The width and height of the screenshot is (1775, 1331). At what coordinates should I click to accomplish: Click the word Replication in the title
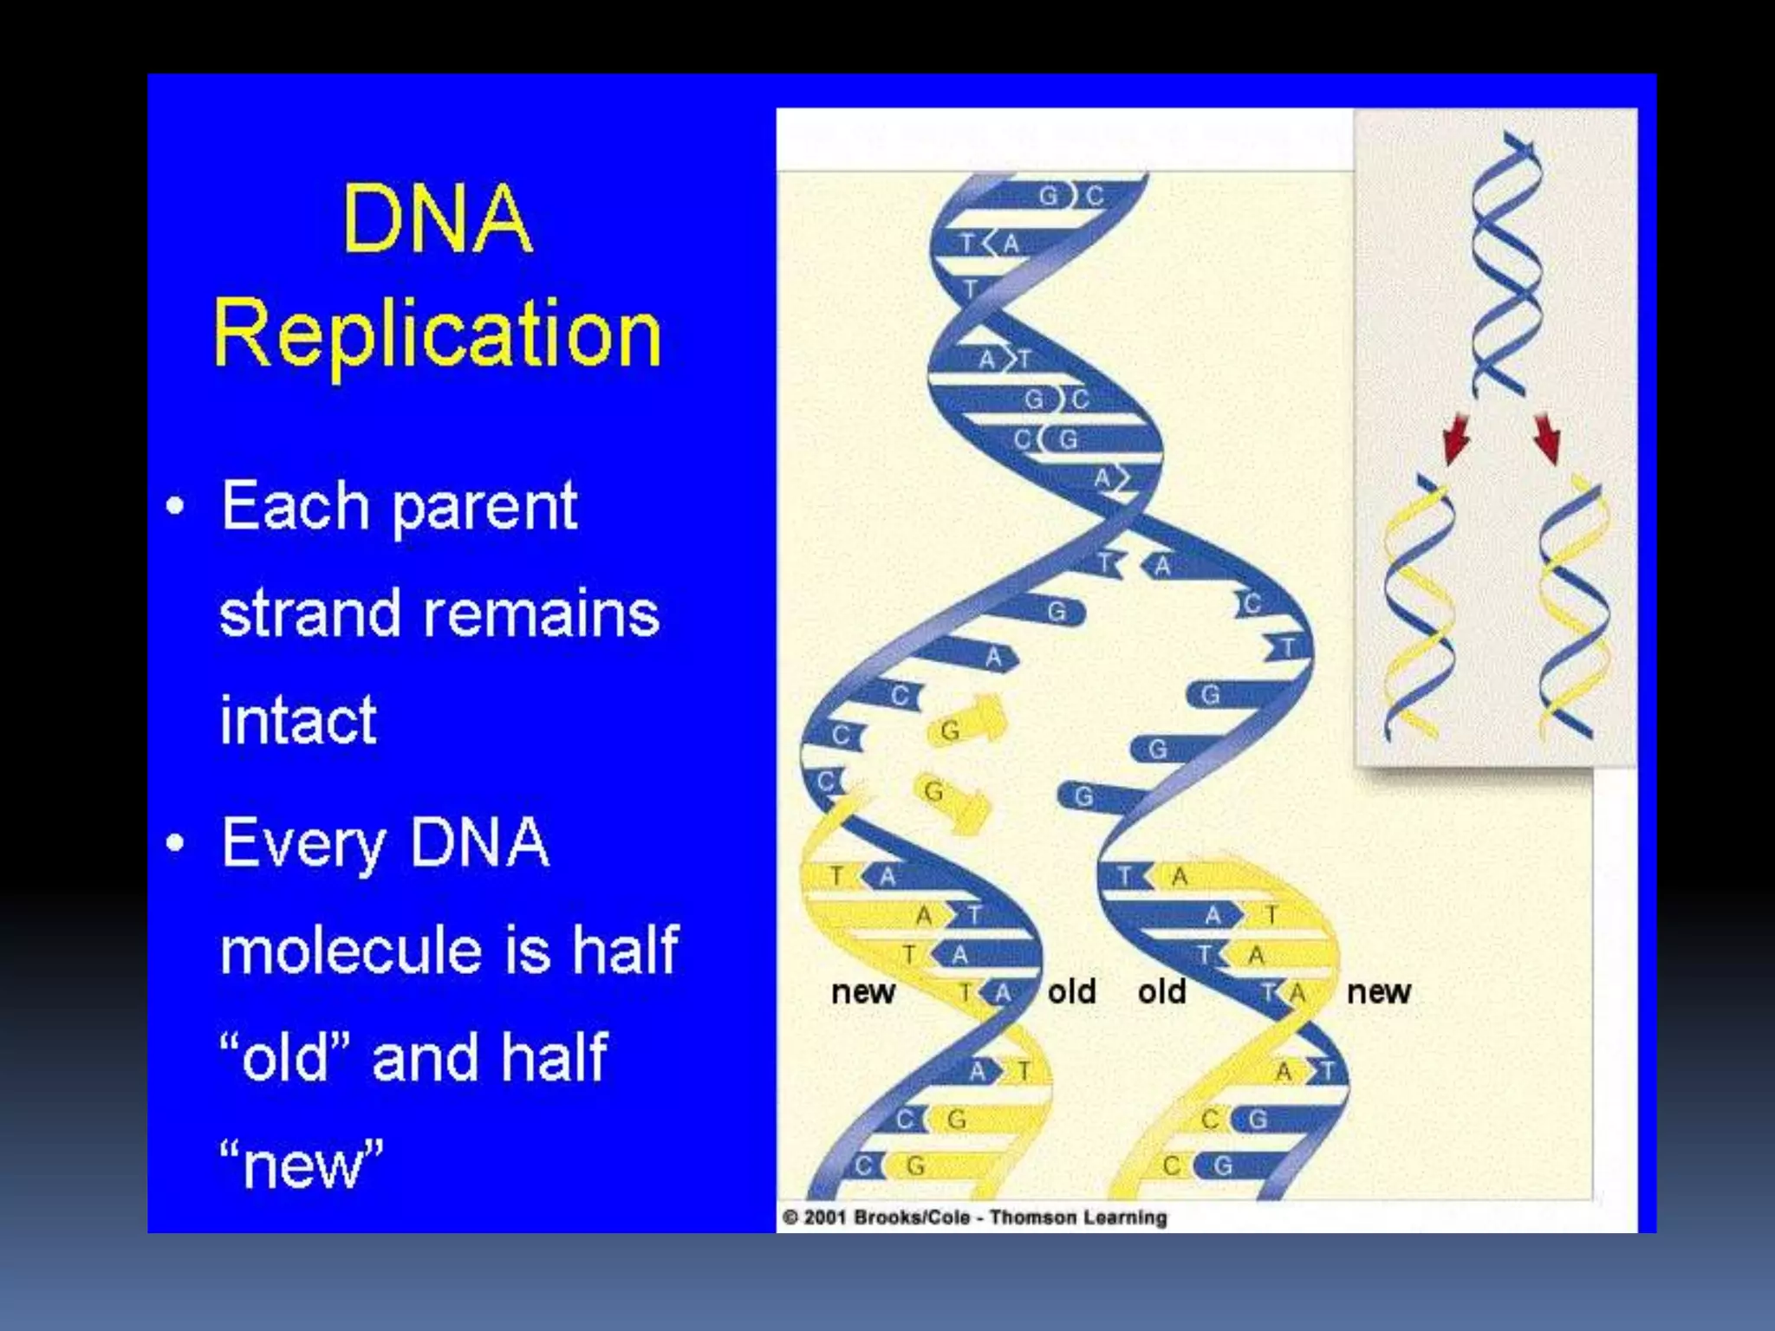pos(438,334)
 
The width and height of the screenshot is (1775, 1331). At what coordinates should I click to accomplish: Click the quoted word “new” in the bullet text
pos(301,1165)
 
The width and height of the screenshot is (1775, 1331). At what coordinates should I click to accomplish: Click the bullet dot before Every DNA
pos(176,842)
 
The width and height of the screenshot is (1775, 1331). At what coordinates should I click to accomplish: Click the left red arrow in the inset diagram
pos(1456,438)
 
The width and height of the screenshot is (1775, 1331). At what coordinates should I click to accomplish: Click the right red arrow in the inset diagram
pos(1548,438)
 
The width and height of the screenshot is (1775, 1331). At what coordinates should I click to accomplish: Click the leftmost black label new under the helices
pos(862,991)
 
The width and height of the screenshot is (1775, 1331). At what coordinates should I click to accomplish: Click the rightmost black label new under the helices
pos(1378,991)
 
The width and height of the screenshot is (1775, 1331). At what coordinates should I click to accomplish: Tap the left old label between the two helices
pos(1071,991)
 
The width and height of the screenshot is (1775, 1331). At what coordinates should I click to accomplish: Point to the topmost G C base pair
pos(1071,196)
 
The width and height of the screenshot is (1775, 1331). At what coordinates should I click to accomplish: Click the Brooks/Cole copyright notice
pos(975,1217)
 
